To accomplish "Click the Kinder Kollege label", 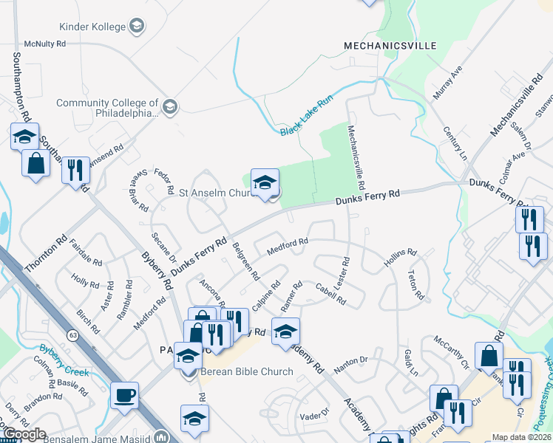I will click(90, 27).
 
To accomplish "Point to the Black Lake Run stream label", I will click(307, 116).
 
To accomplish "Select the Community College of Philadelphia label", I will click(107, 109).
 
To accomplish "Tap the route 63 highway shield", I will click(72, 335).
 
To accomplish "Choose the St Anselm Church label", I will click(217, 193).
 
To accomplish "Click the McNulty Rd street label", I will click(44, 44).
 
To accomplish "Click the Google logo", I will click(24, 434).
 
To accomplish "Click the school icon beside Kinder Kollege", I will click(135, 27).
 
